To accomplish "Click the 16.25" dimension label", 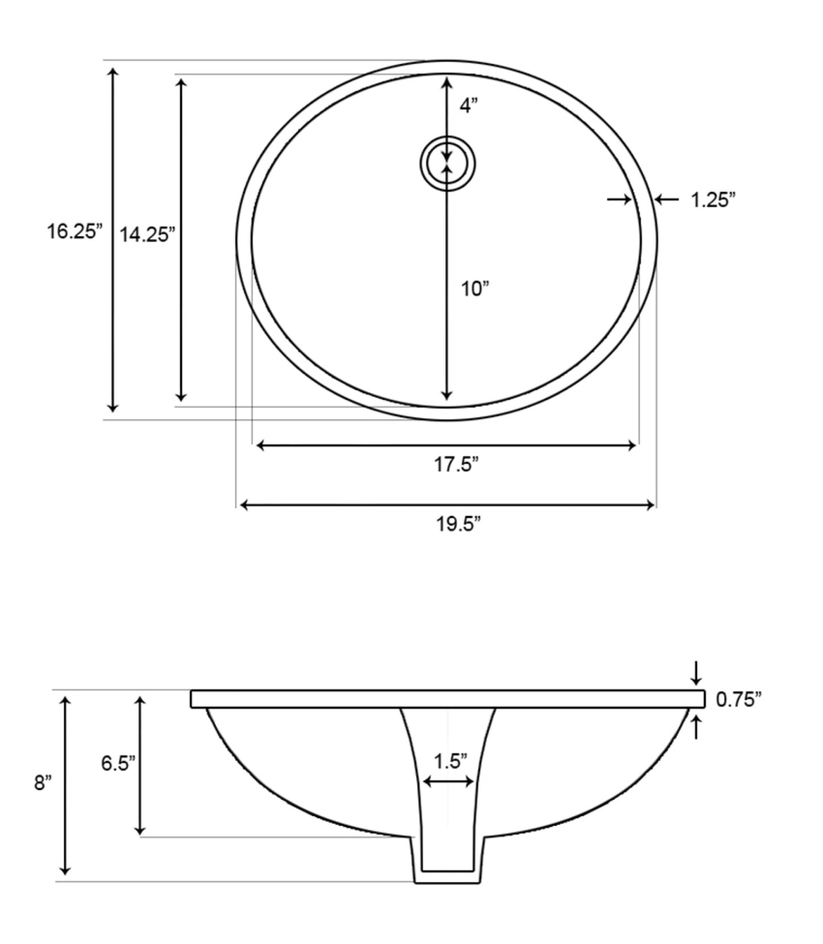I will pyautogui.click(x=75, y=232).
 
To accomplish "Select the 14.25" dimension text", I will pyautogui.click(x=147, y=234).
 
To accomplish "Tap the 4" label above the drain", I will pyautogui.click(x=468, y=105).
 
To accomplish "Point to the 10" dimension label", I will pyautogui.click(x=475, y=289).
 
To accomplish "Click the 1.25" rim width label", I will pyautogui.click(x=713, y=200).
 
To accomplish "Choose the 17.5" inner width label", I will pyautogui.click(x=456, y=465).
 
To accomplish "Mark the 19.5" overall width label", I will pyautogui.click(x=458, y=524).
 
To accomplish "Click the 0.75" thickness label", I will pyautogui.click(x=739, y=700).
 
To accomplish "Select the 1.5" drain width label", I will pyautogui.click(x=450, y=761).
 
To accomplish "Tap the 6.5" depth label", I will pyautogui.click(x=118, y=763).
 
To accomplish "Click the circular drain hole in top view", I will pyautogui.click(x=448, y=164).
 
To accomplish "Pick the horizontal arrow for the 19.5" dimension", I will pyautogui.click(x=447, y=505).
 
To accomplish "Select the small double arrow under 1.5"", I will pyautogui.click(x=449, y=782).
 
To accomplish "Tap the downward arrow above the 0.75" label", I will pyautogui.click(x=695, y=673).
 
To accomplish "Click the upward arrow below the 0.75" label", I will pyautogui.click(x=695, y=728).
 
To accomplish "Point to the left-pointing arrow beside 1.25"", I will pyautogui.click(x=666, y=199).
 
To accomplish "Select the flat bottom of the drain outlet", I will pyautogui.click(x=447, y=882).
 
